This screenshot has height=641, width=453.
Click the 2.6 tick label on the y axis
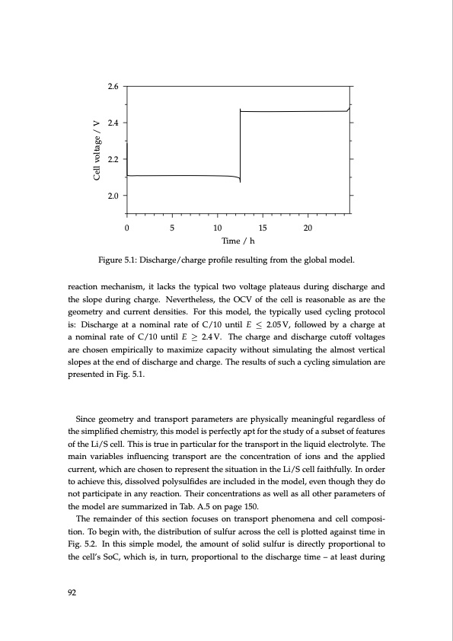[113, 86]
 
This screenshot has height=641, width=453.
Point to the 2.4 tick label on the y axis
[113, 123]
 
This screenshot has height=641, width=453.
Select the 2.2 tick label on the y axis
[113, 159]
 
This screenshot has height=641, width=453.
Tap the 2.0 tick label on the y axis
[113, 196]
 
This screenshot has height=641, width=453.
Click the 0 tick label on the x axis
[127, 228]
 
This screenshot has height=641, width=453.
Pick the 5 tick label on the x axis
[173, 228]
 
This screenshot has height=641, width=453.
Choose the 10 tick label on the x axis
[218, 228]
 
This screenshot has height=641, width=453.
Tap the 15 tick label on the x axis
[263, 228]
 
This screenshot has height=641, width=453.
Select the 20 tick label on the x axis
[308, 228]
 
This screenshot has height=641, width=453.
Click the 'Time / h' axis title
[238, 241]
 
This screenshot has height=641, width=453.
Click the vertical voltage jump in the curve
[240, 145]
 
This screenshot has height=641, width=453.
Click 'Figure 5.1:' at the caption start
[118, 260]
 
